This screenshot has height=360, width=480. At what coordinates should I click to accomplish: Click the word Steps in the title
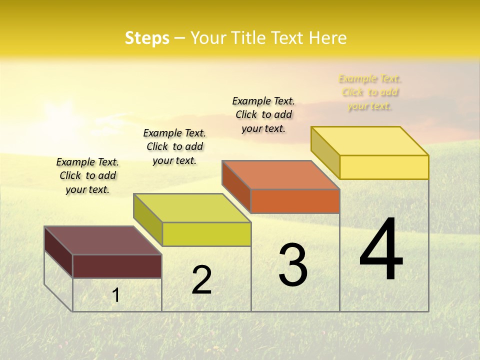pos(147,38)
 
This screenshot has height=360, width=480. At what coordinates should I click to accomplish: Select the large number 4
pos(381,250)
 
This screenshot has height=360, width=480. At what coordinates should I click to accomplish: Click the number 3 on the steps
pos(293,265)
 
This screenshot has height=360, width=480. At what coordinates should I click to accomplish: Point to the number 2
pos(202,280)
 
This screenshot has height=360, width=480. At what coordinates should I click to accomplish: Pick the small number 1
pos(116,295)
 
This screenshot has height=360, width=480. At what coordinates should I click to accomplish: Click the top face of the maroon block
pos(102,240)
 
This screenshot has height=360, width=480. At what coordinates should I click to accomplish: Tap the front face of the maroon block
pos(117,266)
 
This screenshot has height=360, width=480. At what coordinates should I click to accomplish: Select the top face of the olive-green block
pos(192,208)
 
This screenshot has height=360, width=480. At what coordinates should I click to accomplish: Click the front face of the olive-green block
pos(206,234)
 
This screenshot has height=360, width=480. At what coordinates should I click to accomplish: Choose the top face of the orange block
pos(281,175)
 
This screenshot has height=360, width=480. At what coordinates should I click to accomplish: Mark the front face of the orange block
pos(295,201)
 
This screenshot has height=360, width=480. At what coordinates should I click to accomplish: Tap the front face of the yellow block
pos(384,167)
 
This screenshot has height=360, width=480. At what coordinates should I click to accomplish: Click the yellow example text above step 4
pos(369,92)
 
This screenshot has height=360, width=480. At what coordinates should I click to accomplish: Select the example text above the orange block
pos(263,114)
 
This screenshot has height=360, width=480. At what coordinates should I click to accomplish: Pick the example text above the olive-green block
pos(174,146)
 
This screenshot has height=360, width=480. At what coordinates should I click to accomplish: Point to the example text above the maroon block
pos(87,175)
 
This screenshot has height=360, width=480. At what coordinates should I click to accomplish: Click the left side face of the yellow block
pos(325,152)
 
